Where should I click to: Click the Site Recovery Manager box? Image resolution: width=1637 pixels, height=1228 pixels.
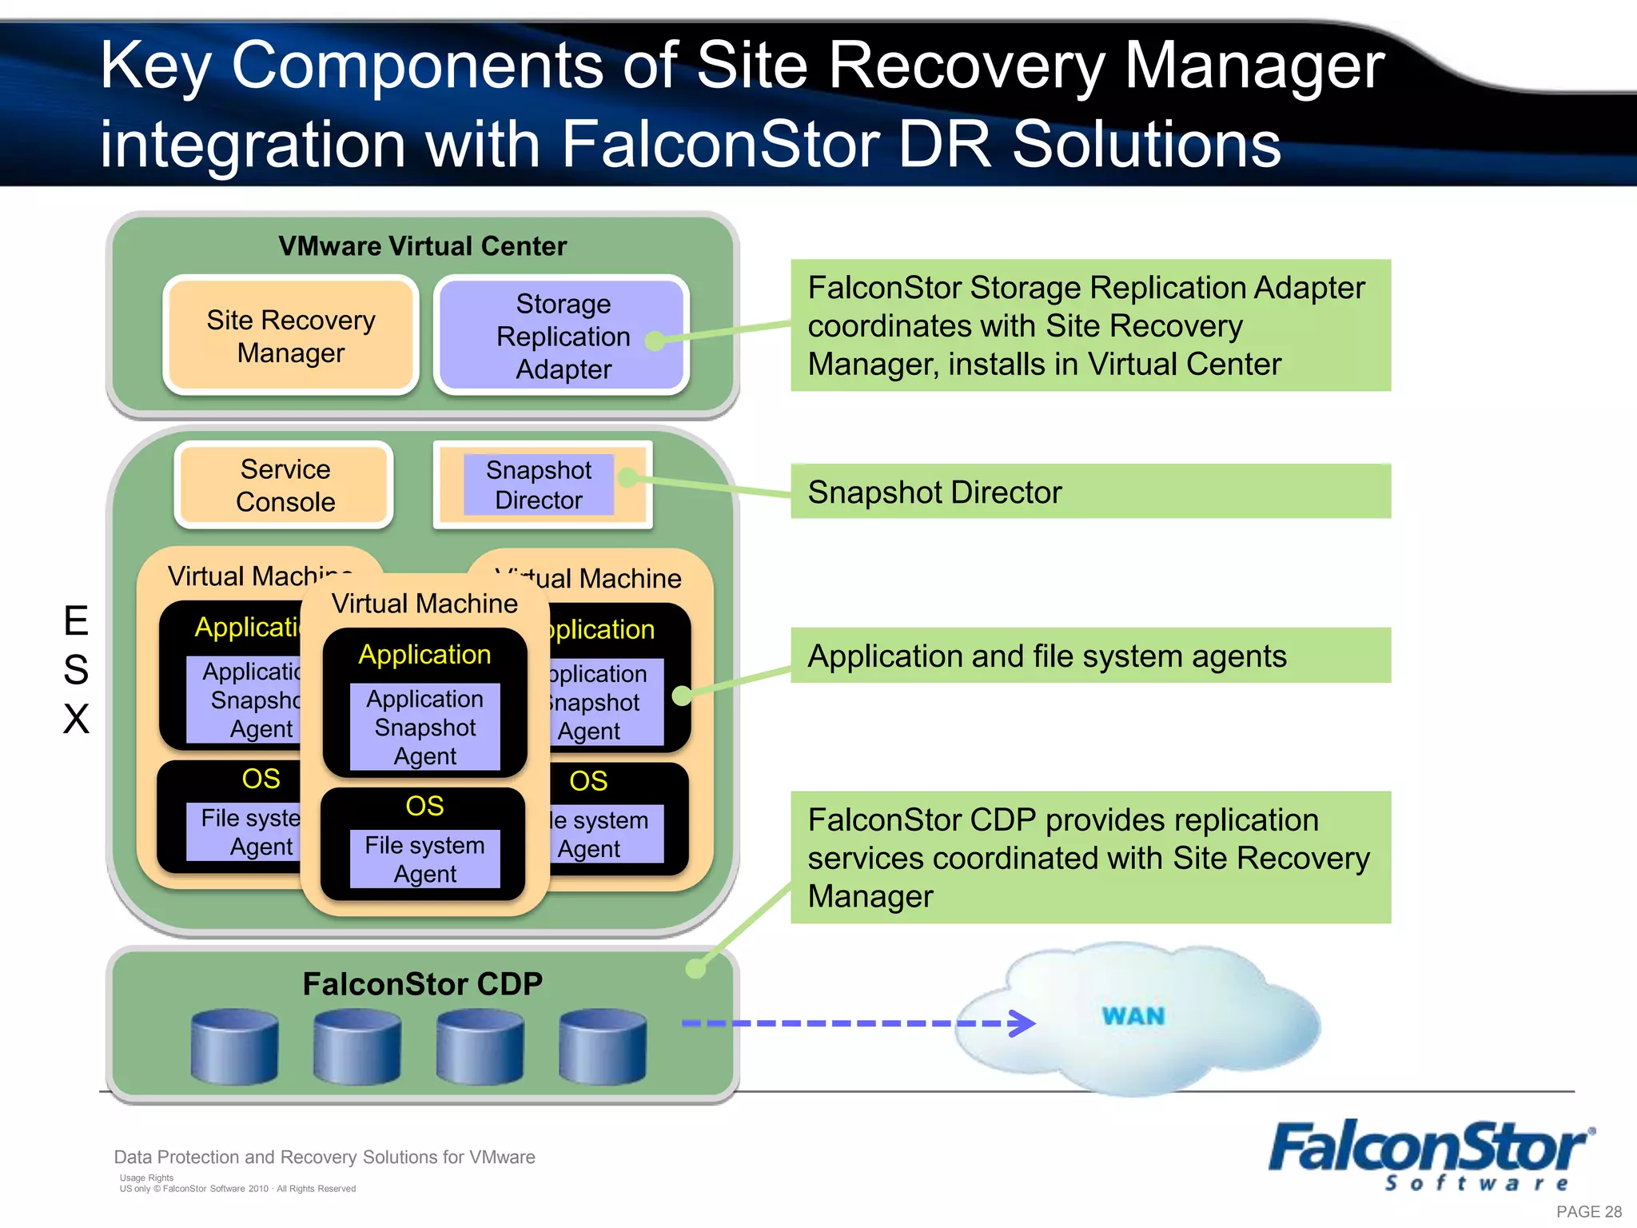pyautogui.click(x=290, y=336)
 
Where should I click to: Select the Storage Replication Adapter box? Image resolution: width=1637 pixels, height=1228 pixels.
pyautogui.click(x=562, y=336)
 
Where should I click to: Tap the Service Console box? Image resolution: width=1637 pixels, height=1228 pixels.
pyautogui.click(x=285, y=485)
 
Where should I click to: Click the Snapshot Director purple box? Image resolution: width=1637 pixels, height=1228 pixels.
pyautogui.click(x=538, y=484)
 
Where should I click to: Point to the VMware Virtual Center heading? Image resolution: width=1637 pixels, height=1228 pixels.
pyautogui.click(x=422, y=246)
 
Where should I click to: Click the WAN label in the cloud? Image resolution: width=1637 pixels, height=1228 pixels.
pyautogui.click(x=1133, y=1016)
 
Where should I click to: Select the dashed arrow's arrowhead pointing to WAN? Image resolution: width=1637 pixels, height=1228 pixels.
pyautogui.click(x=1023, y=1023)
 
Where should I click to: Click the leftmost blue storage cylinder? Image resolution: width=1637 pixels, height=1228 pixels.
pyautogui.click(x=235, y=1047)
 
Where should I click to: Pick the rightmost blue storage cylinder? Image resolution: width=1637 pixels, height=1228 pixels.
pyautogui.click(x=603, y=1047)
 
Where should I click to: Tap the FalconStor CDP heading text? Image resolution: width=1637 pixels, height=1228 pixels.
pyautogui.click(x=422, y=984)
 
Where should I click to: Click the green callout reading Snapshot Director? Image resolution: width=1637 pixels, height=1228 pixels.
pyautogui.click(x=1090, y=492)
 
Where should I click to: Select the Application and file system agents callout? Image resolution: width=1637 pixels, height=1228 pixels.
pyautogui.click(x=1090, y=656)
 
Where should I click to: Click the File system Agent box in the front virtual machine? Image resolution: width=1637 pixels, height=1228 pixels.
pyautogui.click(x=424, y=859)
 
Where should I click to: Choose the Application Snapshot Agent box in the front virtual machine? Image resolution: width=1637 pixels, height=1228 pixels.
pyautogui.click(x=424, y=728)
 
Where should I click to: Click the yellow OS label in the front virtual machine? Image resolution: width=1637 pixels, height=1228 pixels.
pyautogui.click(x=424, y=806)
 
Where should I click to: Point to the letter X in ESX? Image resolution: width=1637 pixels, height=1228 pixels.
pyautogui.click(x=76, y=719)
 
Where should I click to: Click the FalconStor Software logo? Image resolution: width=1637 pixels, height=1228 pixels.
pyautogui.click(x=1431, y=1154)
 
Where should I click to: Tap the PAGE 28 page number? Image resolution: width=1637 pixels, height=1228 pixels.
pyautogui.click(x=1588, y=1212)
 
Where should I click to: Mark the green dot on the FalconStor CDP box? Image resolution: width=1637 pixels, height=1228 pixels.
pyautogui.click(x=696, y=969)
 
